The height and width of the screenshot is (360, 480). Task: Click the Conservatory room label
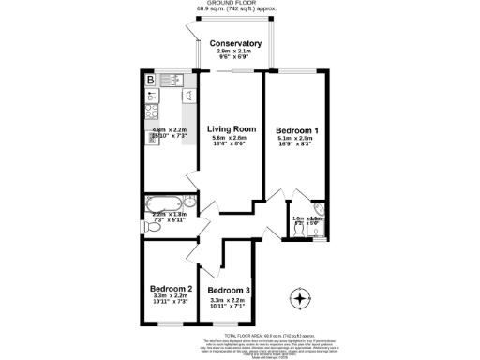[235, 44]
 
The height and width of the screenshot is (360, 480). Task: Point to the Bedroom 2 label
[171, 288]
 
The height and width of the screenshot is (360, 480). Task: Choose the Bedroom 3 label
[229, 292]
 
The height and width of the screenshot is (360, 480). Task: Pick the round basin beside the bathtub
[188, 199]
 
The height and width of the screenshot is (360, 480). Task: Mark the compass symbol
[299, 300]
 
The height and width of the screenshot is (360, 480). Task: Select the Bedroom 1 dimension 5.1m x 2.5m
[298, 139]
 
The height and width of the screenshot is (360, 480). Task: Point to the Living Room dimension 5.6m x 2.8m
[232, 139]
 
